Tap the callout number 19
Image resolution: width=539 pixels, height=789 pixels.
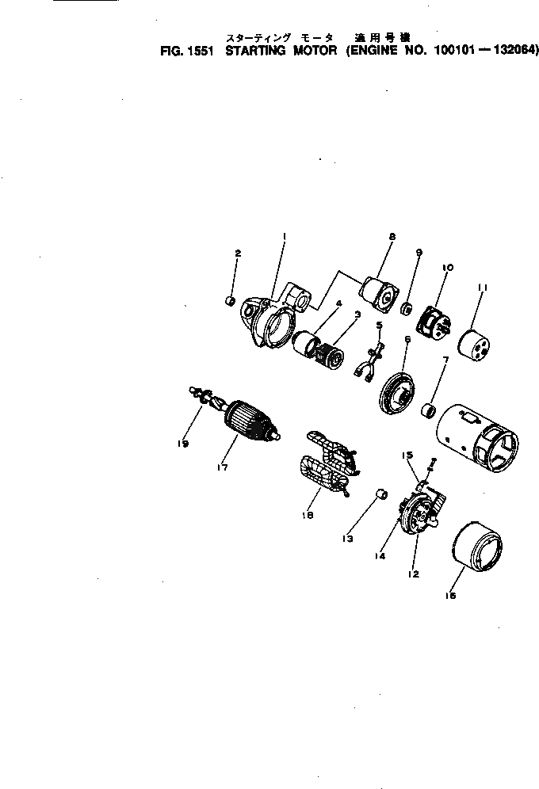click(182, 444)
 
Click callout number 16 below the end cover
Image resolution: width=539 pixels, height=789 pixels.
click(451, 597)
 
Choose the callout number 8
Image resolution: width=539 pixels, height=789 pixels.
click(392, 236)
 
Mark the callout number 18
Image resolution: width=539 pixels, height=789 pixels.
click(308, 515)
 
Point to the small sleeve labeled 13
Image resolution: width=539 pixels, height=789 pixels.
click(380, 494)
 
